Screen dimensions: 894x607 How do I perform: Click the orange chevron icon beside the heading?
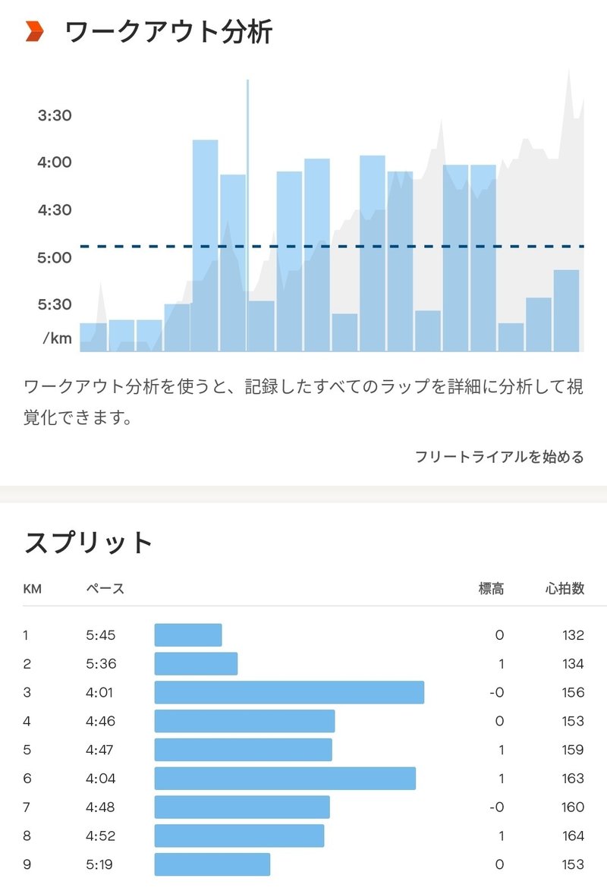point(35,32)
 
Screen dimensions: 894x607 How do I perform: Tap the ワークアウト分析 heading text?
point(168,33)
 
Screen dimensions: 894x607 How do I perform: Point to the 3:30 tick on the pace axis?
point(55,115)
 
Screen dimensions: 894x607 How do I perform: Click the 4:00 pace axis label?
point(55,162)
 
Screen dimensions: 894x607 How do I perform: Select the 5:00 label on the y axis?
point(55,257)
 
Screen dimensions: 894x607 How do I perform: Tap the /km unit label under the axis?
point(58,338)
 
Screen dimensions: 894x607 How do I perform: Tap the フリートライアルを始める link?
point(498,457)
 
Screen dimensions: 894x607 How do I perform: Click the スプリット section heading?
point(90,543)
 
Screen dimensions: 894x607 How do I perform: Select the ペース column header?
point(105,588)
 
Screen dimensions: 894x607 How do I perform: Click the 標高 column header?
point(490,588)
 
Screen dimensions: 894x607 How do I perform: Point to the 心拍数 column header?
point(565,588)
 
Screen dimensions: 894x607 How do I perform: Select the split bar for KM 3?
point(289,692)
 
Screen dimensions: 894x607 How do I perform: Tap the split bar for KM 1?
point(188,635)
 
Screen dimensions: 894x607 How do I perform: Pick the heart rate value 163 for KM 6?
point(573,778)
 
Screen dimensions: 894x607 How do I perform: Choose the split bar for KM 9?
point(212,864)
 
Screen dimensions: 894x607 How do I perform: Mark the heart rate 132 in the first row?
point(573,635)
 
